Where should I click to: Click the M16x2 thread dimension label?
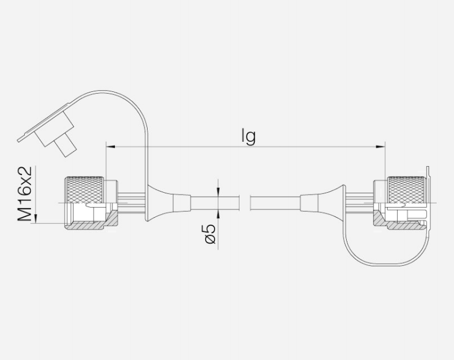point(25,193)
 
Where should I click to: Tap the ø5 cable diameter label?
point(210,233)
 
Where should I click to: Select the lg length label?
point(248,136)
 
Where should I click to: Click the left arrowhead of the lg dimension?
point(111,147)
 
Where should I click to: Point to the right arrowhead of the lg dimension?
point(381,147)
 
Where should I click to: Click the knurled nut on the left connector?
point(84,189)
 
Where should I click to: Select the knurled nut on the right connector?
point(407,189)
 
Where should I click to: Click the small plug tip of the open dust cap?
point(66,146)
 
